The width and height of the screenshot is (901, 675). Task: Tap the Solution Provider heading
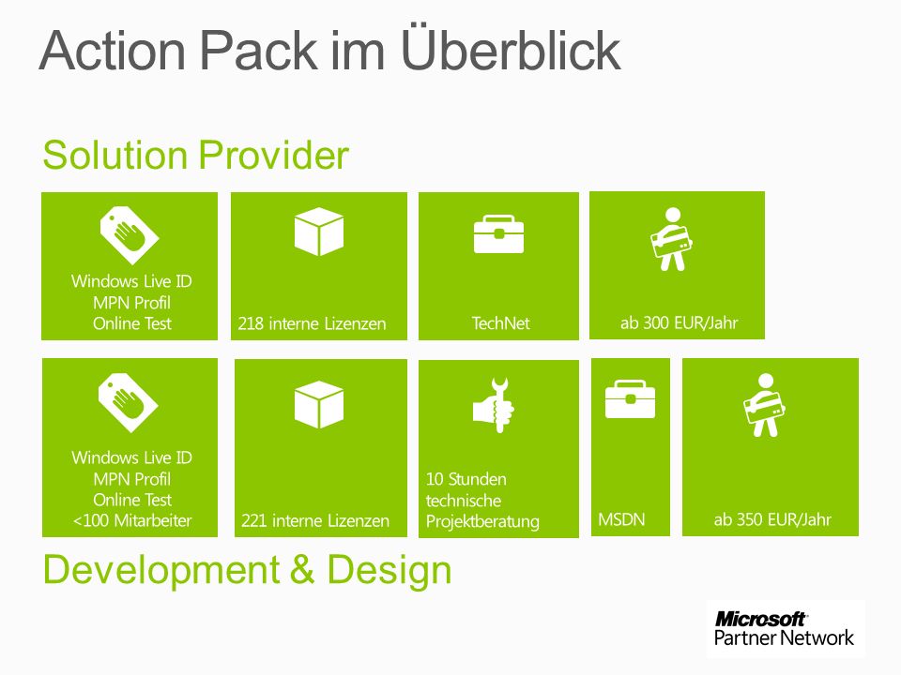coord(196,155)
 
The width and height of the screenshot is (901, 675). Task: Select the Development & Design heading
coord(247,571)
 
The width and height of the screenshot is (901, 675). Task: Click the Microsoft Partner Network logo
coord(785,628)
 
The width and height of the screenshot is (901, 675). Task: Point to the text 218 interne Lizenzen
coord(312,323)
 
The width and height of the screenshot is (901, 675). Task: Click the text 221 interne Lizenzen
coord(315,520)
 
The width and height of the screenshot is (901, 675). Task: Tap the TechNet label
coord(500,323)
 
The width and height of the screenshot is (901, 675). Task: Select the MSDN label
coord(621,519)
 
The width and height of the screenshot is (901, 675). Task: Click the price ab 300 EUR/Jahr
coord(679,323)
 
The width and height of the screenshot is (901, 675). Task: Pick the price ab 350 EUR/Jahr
coord(772,520)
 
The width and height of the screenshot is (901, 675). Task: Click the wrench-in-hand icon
coord(494,405)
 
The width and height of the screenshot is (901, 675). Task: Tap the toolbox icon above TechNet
coord(498,234)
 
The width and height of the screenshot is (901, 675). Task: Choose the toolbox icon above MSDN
coord(631,399)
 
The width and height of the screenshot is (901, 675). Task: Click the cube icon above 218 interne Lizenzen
coord(319,232)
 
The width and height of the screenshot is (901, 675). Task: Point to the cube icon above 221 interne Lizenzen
coord(319,405)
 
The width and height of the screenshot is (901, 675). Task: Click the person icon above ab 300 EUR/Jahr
coord(671,239)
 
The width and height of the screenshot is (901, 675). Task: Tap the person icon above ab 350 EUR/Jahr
coord(764,405)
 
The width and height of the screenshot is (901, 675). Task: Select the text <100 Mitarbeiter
coord(132,520)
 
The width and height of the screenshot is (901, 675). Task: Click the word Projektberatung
coord(482,521)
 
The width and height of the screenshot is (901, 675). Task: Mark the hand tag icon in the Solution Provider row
coord(130,235)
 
